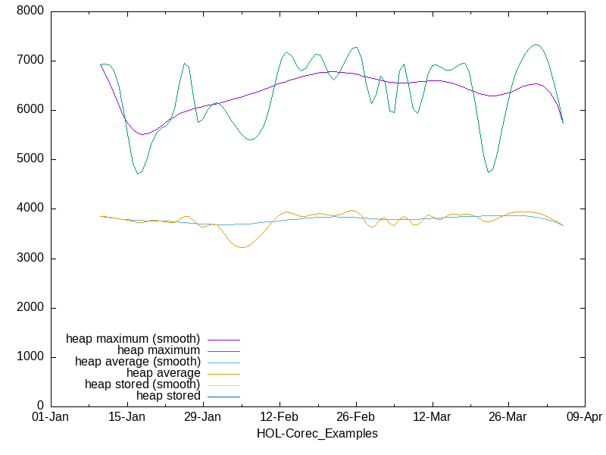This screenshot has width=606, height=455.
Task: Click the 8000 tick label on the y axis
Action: point(31,11)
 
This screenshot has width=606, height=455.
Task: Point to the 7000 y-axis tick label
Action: point(31,61)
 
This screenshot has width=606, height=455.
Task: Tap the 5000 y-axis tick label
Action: point(31,159)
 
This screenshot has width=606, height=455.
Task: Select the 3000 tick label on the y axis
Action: point(31,259)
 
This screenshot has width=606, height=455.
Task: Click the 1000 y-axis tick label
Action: point(31,357)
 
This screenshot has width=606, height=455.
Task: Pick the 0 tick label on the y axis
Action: point(40,406)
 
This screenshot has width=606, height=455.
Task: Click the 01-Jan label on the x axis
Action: point(51,418)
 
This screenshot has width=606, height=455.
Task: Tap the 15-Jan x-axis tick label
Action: point(127,418)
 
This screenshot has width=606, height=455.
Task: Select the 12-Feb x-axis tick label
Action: point(280,418)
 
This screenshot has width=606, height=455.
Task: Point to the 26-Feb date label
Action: point(355,418)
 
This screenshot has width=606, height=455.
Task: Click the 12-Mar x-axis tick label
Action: point(432,418)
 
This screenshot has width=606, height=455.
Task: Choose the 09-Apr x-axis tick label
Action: point(584,418)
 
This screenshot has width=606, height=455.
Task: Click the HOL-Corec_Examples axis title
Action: point(317,434)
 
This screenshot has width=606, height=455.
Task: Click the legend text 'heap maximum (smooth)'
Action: point(133,338)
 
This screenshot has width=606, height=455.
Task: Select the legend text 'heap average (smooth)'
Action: point(137,362)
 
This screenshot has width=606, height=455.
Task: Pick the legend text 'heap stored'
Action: point(168,396)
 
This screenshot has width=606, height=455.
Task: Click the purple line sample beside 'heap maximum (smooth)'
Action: point(223,339)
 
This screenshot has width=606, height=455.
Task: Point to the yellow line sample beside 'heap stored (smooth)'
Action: point(223,385)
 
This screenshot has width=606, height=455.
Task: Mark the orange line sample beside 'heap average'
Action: point(223,374)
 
